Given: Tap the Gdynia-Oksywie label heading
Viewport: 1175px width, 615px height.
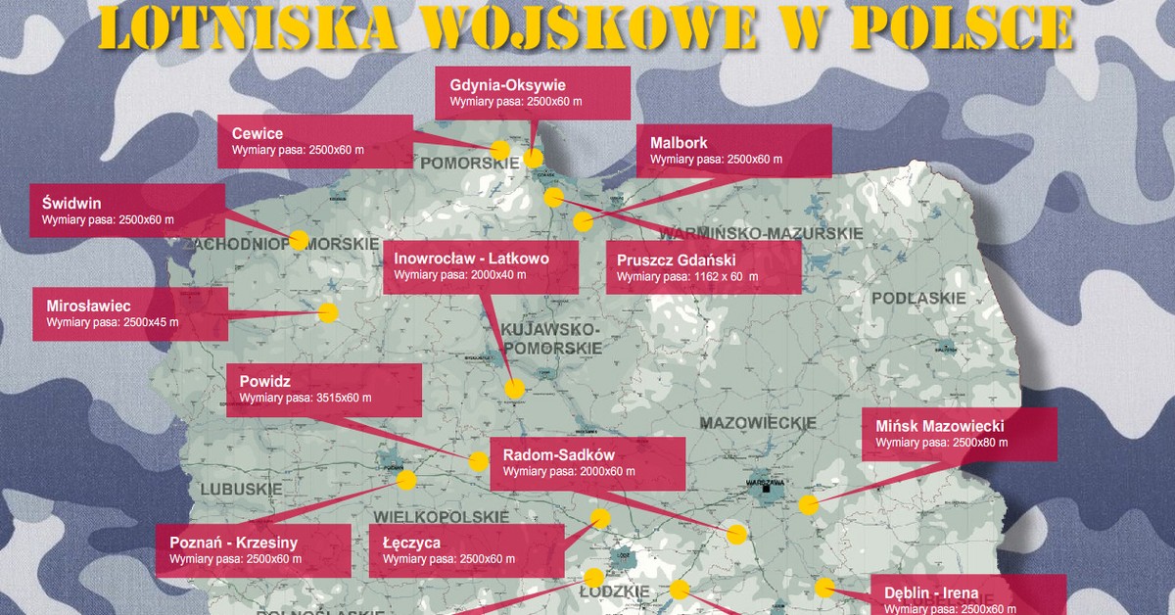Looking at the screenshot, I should click(508, 85).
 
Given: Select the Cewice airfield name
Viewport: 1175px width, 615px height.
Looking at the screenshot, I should click(258, 134).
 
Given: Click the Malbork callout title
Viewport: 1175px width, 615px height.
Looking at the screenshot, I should click(679, 142).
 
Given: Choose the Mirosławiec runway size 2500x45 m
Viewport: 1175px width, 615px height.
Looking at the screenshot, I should click(113, 321).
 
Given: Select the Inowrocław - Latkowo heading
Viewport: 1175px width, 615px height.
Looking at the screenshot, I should click(472, 259).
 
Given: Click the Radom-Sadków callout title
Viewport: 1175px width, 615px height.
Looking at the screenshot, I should click(558, 455).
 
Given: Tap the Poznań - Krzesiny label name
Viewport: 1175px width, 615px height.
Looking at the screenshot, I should click(234, 542).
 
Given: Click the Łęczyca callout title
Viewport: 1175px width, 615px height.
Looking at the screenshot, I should click(412, 542).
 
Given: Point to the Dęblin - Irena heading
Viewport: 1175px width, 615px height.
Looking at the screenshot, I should click(931, 592).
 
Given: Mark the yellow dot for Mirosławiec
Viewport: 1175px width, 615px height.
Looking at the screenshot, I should click(327, 313).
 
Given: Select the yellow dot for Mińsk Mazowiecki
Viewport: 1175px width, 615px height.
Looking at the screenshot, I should click(808, 505).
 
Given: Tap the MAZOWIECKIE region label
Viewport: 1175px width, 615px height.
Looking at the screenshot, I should click(759, 423).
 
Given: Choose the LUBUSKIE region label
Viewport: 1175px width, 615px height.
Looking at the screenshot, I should click(241, 488).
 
